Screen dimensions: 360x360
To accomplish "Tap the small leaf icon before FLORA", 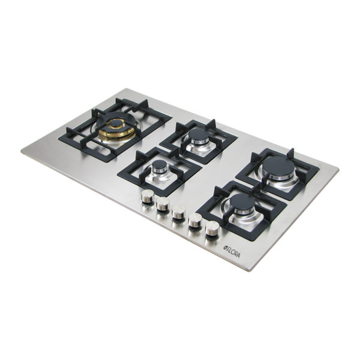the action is coord(225,247).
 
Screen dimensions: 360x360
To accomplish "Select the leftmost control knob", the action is coord(147,197).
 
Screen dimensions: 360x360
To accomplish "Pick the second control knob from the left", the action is coord(163,203).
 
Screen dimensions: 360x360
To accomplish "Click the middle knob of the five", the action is coord(179,212).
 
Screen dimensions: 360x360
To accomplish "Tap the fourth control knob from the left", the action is coord(195,220).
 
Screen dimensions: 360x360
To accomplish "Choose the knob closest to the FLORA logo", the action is coord(212,228).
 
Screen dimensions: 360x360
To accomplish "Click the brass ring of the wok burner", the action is coord(116,133).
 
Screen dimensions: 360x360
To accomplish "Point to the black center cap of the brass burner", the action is coord(117,124).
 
